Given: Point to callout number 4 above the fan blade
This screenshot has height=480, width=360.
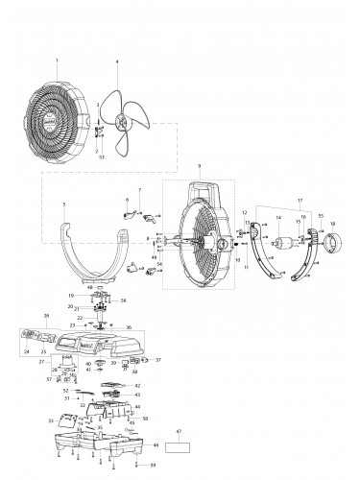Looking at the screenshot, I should [x=117, y=62].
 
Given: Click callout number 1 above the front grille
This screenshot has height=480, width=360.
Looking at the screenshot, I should [x=57, y=60].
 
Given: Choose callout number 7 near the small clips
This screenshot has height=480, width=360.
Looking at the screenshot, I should [x=140, y=192].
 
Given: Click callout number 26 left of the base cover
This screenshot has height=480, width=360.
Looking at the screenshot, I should [x=45, y=315].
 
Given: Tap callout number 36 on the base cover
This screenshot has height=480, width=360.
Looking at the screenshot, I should [x=128, y=326].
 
